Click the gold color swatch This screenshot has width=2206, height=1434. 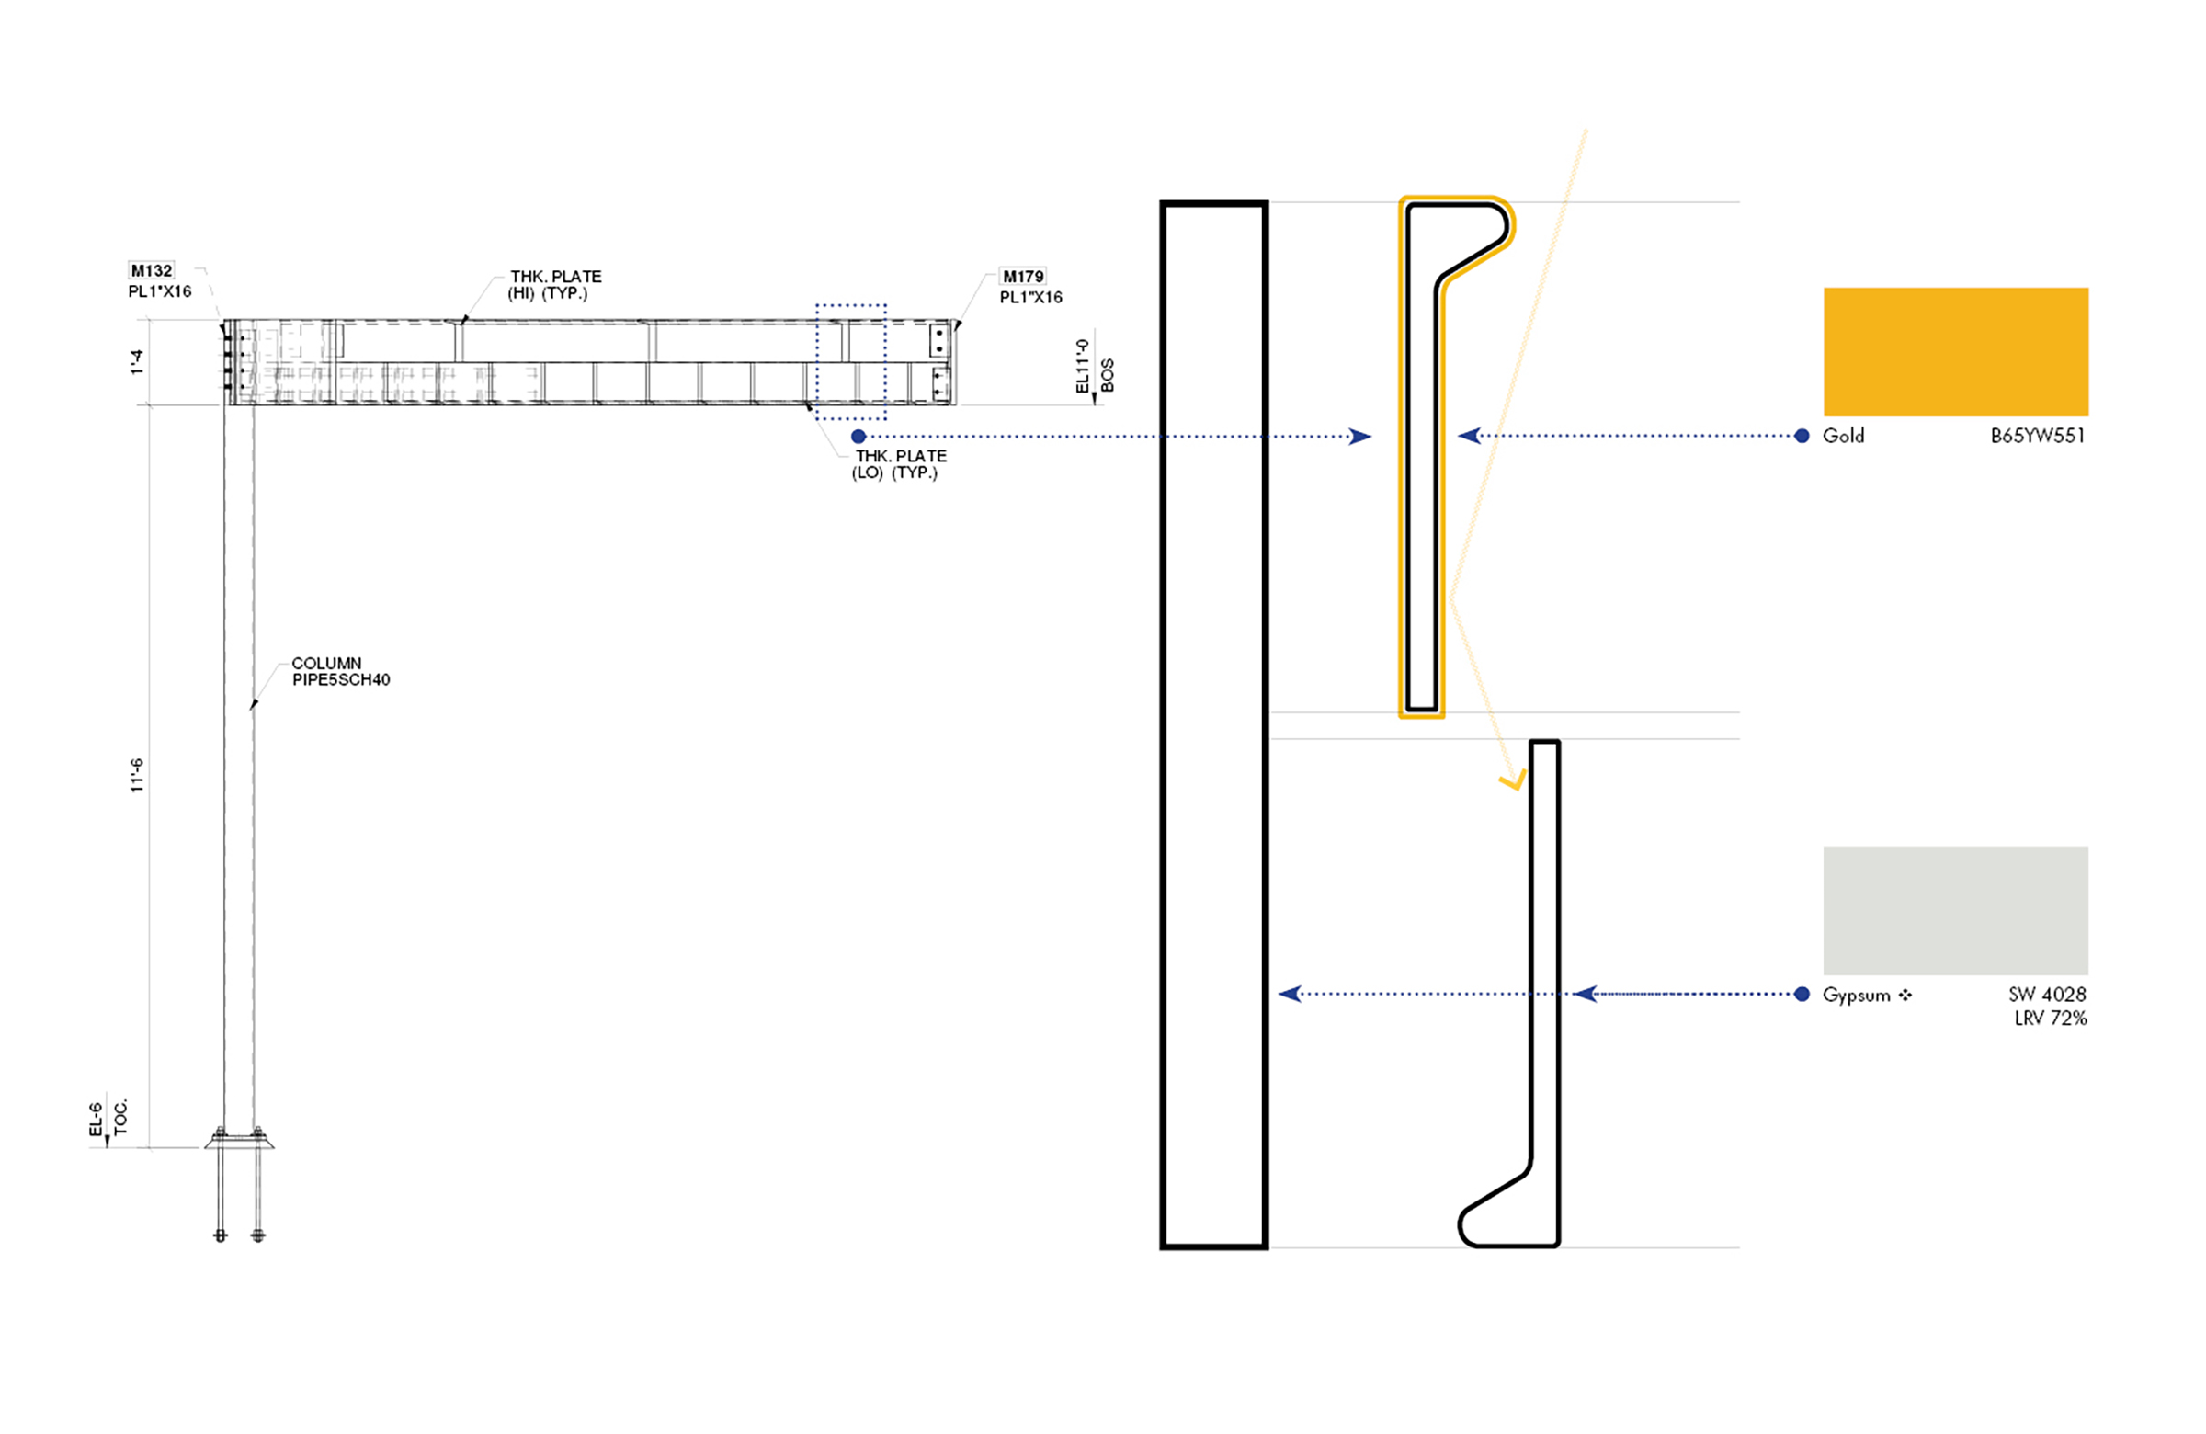pyautogui.click(x=1956, y=351)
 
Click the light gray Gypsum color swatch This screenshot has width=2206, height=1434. pyautogui.click(x=1956, y=910)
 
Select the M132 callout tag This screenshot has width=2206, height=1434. pyautogui.click(x=151, y=270)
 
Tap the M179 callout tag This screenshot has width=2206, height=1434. pyautogui.click(x=1023, y=277)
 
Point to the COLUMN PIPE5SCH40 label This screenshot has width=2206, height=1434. pyautogui.click(x=341, y=671)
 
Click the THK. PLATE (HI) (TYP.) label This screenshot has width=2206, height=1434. pyautogui.click(x=554, y=285)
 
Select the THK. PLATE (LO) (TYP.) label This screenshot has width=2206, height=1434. pyautogui.click(x=899, y=464)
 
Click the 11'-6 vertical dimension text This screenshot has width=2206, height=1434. pyautogui.click(x=137, y=775)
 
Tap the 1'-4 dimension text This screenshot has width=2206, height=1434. pyautogui.click(x=137, y=361)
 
